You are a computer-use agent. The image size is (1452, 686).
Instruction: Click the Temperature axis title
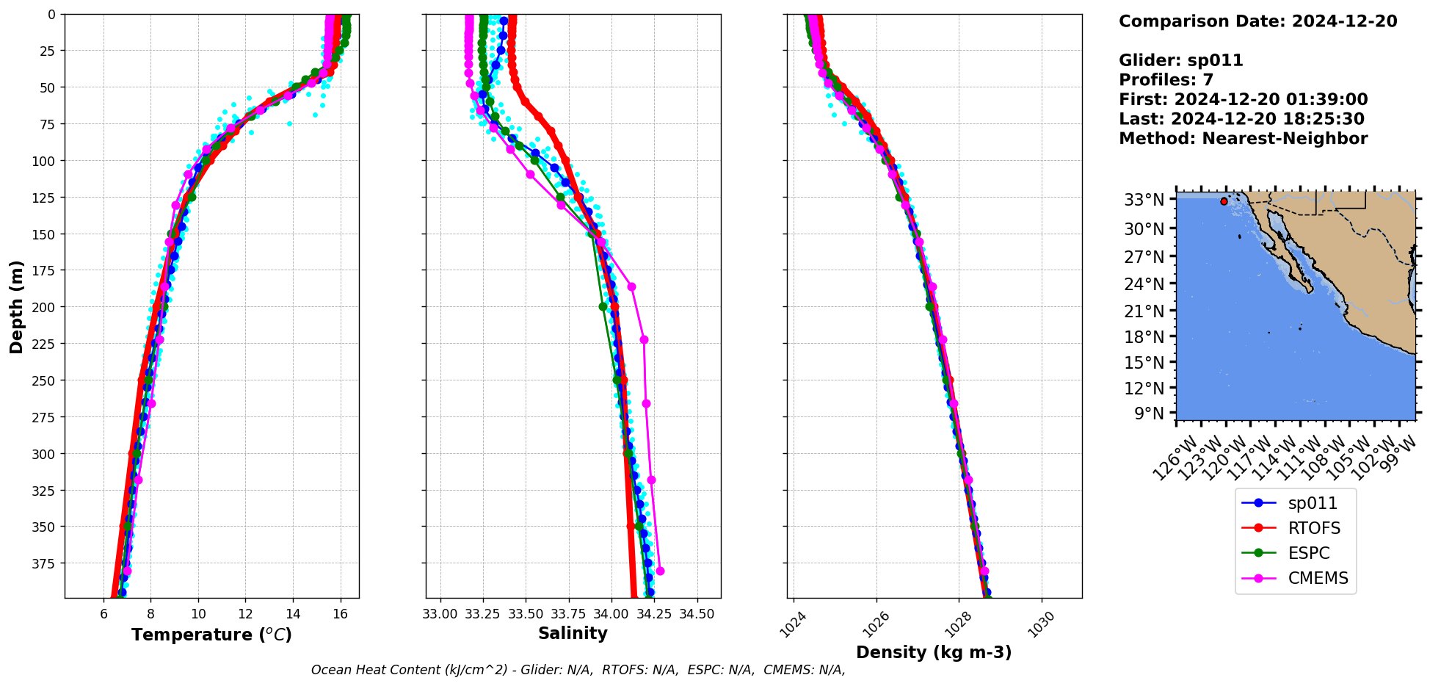click(211, 635)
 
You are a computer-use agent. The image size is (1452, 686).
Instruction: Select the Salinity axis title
click(573, 634)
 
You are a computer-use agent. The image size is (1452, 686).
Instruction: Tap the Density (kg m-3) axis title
click(934, 652)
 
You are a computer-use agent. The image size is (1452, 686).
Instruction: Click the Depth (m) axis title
click(16, 306)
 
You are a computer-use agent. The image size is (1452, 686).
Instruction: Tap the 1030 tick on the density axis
click(1042, 625)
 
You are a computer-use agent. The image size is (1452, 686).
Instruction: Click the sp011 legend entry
click(1313, 504)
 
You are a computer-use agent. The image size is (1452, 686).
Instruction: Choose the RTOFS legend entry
click(1314, 529)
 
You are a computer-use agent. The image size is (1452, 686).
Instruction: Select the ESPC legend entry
click(1309, 554)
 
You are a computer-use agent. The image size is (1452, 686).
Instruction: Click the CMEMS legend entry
click(1318, 579)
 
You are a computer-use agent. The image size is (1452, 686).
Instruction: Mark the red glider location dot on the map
click(1224, 201)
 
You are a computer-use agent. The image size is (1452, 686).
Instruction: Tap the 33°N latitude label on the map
click(1144, 200)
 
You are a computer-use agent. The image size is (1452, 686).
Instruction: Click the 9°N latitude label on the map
click(1150, 414)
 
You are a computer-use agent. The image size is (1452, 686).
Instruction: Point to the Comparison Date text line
click(1257, 21)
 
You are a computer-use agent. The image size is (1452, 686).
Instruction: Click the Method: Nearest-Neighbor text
click(1243, 139)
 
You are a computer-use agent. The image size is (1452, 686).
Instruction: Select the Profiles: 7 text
click(1166, 80)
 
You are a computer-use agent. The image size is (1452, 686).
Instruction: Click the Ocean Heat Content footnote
click(578, 670)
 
